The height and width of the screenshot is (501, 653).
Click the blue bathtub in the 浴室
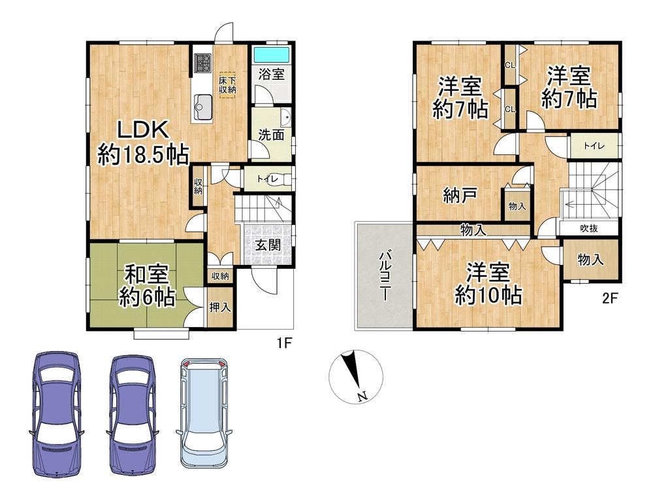pos(272,54)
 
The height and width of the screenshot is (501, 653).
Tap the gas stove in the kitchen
pos(204,63)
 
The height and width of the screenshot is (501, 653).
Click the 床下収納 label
pos(228,84)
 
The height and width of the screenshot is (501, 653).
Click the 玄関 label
pos(268,245)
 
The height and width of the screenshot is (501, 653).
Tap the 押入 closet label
pos(220,308)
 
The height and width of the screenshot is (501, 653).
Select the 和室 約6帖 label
pos(146,286)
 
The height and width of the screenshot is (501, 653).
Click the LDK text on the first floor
pos(143,130)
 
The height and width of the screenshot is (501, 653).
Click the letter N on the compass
pos(362,396)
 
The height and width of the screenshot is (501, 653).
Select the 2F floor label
pos(610,299)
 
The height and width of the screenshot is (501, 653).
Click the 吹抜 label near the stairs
pos(589,229)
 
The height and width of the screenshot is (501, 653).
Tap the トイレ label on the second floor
pos(594,146)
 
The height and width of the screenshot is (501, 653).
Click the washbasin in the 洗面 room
pos(286,118)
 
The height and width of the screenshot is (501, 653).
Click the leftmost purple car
pos(57,414)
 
